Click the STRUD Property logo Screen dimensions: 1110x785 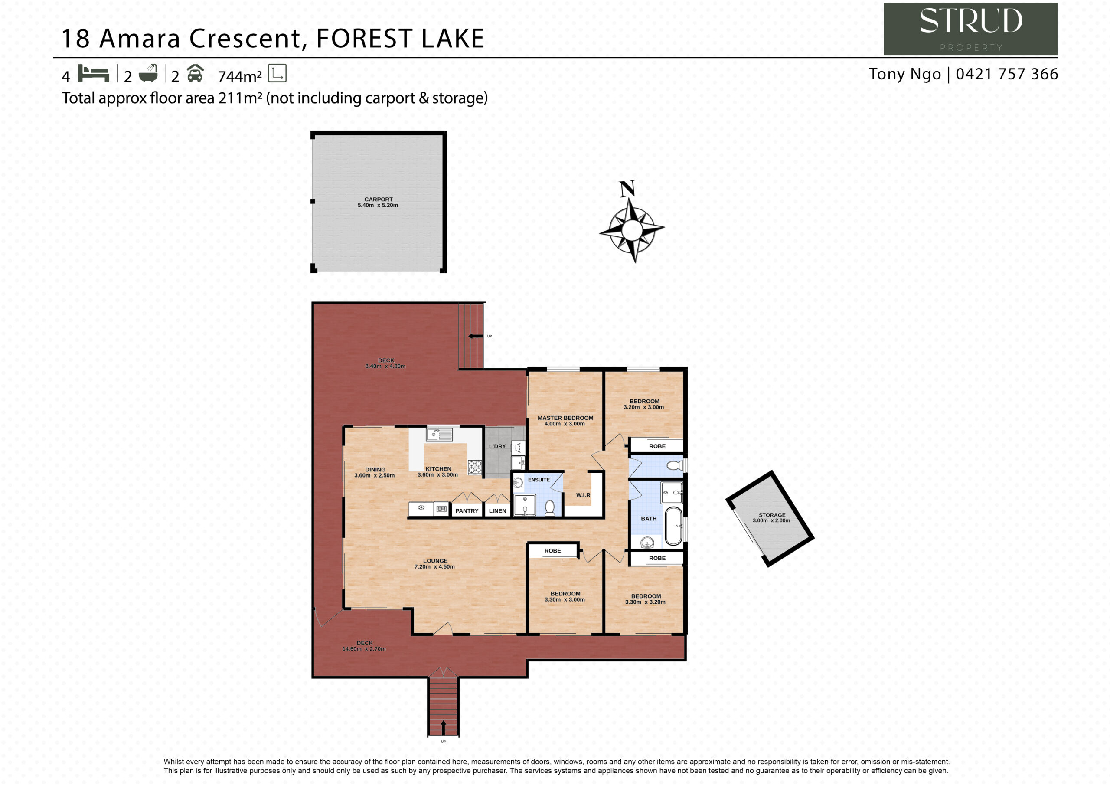coord(970,29)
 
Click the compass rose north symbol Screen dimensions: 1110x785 coord(631,222)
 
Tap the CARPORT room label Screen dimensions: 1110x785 coord(379,199)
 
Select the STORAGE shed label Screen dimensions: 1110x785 coord(772,515)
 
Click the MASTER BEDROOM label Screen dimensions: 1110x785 coord(565,418)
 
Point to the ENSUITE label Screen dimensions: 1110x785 coord(539,480)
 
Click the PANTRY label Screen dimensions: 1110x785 coord(467,511)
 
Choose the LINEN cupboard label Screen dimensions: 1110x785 coord(497,511)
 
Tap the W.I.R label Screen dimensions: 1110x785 coord(583,495)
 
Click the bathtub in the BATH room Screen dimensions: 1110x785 coord(673,526)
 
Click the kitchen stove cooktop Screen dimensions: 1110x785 coord(475,467)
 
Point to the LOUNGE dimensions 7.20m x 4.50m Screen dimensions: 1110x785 coord(434,566)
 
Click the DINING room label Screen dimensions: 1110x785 coord(375,470)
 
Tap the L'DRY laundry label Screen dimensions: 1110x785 coord(497,446)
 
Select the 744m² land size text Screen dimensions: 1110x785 coord(240,76)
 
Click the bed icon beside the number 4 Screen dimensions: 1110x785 coord(93,74)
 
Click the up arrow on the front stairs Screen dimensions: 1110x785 coord(443,727)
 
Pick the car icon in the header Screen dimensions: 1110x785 coord(195,73)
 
